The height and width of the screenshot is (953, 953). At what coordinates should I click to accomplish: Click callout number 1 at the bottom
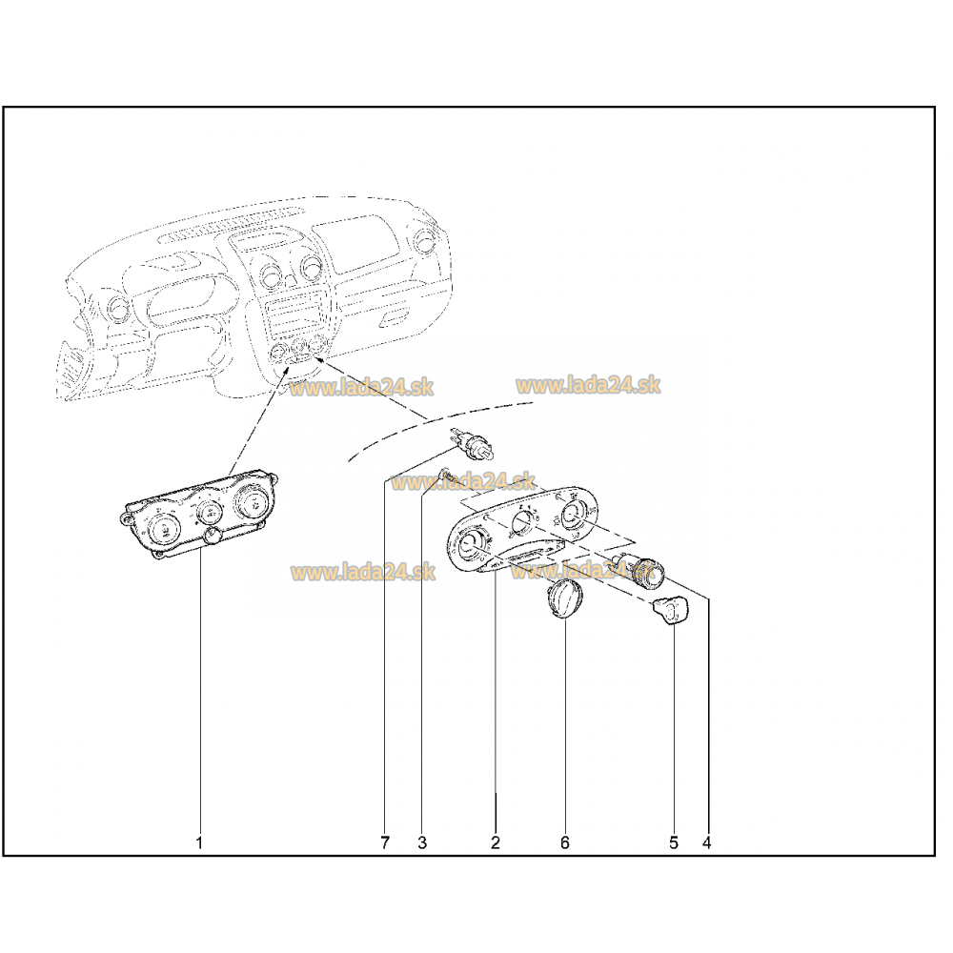pyautogui.click(x=199, y=842)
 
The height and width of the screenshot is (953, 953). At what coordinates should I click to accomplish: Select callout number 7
pyautogui.click(x=385, y=842)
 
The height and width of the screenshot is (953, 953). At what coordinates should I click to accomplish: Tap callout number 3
pyautogui.click(x=422, y=842)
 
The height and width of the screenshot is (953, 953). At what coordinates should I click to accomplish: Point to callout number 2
pyautogui.click(x=496, y=842)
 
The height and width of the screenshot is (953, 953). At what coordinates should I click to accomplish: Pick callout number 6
pyautogui.click(x=564, y=842)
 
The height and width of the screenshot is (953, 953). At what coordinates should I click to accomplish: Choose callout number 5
pyautogui.click(x=674, y=842)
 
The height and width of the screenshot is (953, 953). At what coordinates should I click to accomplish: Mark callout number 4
pyautogui.click(x=706, y=842)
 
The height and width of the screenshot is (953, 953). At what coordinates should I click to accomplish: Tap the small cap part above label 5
pyautogui.click(x=670, y=610)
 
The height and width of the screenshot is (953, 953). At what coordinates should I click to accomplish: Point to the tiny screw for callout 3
pyautogui.click(x=444, y=474)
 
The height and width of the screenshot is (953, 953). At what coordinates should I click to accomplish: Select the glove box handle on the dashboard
pyautogui.click(x=395, y=316)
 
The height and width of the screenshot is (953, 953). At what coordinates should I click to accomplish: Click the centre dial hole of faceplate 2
pyautogui.click(x=522, y=521)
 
